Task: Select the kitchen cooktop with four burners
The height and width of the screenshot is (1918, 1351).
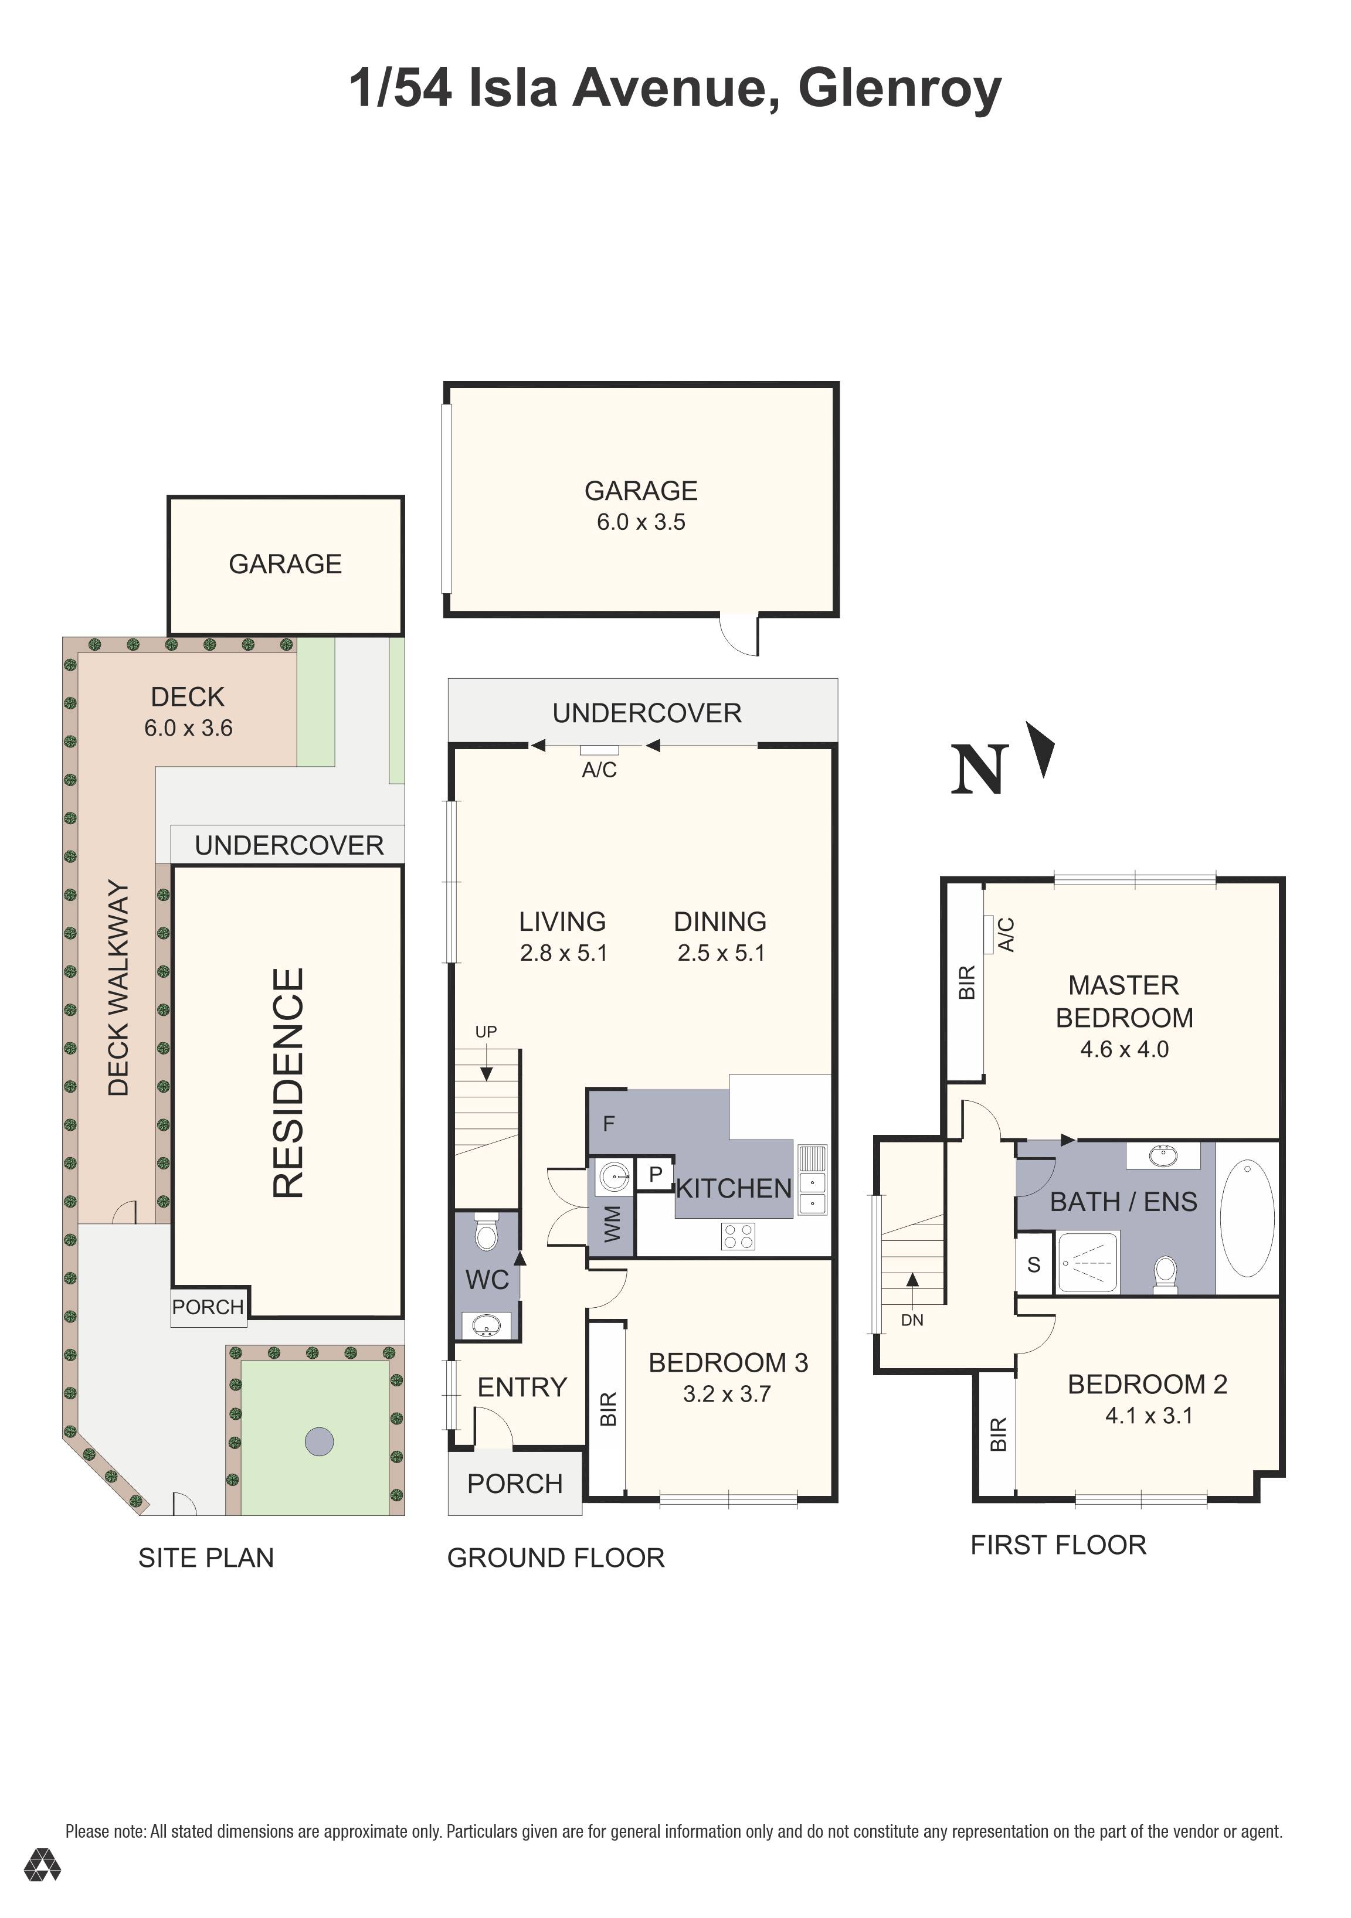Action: (738, 1236)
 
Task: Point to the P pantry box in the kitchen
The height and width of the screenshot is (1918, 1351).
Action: (655, 1174)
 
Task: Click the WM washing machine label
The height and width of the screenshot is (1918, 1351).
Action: (612, 1224)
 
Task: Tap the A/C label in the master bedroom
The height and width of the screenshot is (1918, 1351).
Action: (1006, 934)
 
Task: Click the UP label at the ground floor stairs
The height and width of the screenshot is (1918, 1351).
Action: (486, 1032)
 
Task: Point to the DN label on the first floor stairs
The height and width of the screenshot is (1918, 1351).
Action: (912, 1321)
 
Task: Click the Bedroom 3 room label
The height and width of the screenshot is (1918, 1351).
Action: (728, 1362)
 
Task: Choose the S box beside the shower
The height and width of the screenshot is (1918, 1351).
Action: (1034, 1265)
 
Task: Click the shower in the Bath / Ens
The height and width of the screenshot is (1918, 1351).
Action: (1087, 1262)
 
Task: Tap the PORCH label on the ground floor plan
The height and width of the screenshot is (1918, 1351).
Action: (515, 1484)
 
